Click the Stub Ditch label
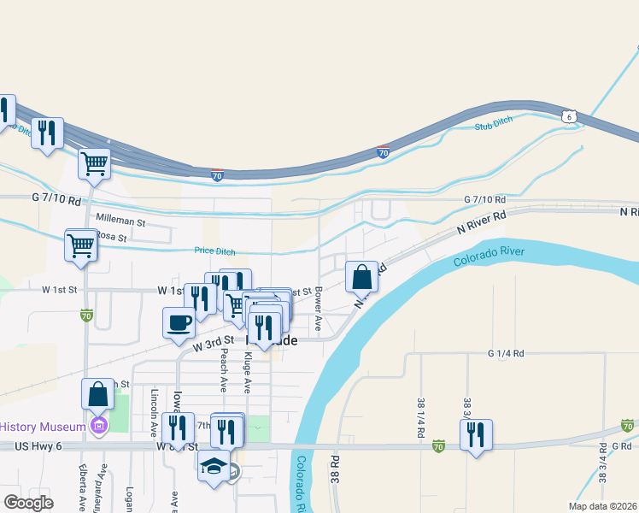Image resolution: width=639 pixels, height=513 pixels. [x=493, y=127]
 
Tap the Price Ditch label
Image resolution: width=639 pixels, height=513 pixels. [x=214, y=251]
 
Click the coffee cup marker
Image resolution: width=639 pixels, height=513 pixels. [x=179, y=322]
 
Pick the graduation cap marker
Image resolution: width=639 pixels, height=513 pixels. [x=214, y=466]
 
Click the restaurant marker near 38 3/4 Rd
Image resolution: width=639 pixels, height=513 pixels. [x=476, y=434]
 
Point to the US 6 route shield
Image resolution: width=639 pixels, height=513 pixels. [x=568, y=115]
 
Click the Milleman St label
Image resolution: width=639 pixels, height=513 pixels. [x=120, y=221]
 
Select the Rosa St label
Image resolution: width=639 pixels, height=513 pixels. [x=110, y=236]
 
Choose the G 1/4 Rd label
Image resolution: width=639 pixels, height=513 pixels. [x=505, y=353]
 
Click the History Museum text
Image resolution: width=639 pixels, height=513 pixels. [x=43, y=427]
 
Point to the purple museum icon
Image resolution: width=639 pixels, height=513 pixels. [x=99, y=426]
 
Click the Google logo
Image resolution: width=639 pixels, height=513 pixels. [x=29, y=502]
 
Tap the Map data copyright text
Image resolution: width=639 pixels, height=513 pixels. [x=602, y=505]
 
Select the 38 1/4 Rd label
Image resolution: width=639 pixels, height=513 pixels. [x=421, y=417]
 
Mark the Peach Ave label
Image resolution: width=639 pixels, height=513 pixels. [x=221, y=373]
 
